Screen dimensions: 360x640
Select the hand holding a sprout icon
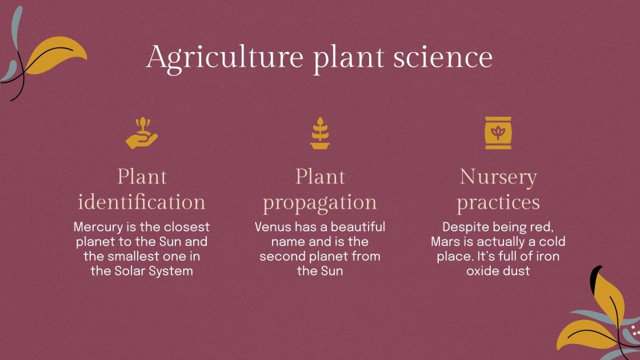pos(141,133)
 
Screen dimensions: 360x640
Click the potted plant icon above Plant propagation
pos(320,133)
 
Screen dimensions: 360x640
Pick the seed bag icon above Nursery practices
pos(498,133)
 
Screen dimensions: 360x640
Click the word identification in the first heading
pos(141,202)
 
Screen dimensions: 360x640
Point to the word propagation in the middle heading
pos(320,202)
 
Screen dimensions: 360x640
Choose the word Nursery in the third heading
pos(498,177)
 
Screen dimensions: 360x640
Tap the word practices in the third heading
pos(498,202)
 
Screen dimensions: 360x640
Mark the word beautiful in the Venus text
pos(357,227)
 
